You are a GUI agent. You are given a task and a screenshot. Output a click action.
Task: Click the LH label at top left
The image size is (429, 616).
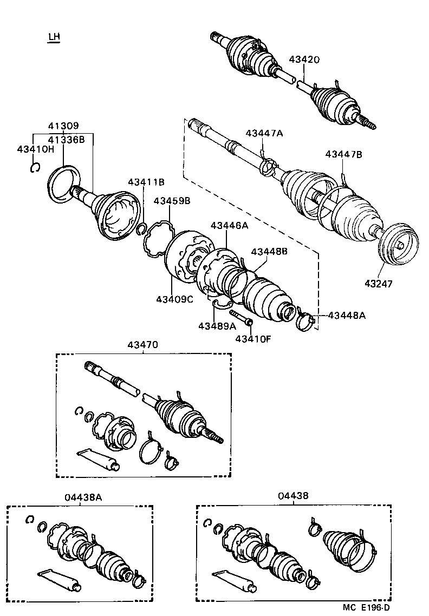click(54, 37)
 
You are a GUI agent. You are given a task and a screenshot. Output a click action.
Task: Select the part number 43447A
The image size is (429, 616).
click(264, 133)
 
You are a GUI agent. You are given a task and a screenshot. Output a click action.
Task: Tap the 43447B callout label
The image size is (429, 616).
click(343, 154)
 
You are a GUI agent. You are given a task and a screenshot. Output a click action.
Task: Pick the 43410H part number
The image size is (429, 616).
click(35, 149)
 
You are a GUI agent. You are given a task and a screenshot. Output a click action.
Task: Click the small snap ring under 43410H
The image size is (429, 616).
click(35, 168)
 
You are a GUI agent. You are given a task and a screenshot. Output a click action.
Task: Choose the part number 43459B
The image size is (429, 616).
click(172, 200)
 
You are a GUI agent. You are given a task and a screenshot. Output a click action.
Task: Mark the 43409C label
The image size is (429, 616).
click(174, 299)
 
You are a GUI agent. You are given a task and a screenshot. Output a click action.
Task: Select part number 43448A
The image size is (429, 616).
click(347, 315)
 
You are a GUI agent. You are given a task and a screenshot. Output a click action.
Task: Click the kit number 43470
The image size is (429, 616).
click(144, 344)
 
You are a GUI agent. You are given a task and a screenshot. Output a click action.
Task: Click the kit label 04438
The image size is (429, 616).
click(293, 496)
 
